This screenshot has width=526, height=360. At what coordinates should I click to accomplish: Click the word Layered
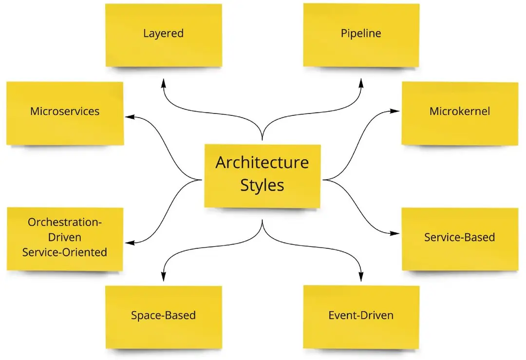pyautogui.click(x=163, y=34)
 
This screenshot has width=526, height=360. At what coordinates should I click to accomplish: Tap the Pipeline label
pyautogui.click(x=361, y=34)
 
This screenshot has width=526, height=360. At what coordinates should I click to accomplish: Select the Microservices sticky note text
pyautogui.click(x=65, y=111)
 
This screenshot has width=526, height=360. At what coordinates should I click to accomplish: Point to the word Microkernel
pyautogui.click(x=460, y=111)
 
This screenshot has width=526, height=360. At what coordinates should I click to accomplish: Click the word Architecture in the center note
pyautogui.click(x=262, y=163)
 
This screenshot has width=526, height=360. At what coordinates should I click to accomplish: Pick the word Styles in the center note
pyautogui.click(x=262, y=185)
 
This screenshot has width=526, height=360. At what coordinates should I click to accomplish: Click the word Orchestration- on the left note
pyautogui.click(x=65, y=222)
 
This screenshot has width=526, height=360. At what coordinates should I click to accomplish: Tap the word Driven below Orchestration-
pyautogui.click(x=65, y=237)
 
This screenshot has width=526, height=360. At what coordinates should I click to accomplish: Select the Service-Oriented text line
pyautogui.click(x=65, y=252)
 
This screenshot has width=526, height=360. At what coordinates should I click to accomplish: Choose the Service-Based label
pyautogui.click(x=460, y=237)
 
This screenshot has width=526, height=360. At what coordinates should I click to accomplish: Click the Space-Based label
pyautogui.click(x=163, y=315)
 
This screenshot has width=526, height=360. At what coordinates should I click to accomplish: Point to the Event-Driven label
pyautogui.click(x=361, y=315)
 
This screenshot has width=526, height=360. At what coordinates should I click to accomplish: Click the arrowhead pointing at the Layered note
pyautogui.click(x=163, y=83)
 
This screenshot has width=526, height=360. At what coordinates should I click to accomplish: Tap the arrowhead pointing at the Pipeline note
pyautogui.click(x=361, y=83)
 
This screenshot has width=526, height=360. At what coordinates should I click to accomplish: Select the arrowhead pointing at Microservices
pyautogui.click(x=130, y=117)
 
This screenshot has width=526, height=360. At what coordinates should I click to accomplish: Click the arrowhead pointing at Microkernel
pyautogui.click(x=395, y=111)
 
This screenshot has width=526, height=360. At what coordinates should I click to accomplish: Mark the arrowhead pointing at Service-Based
pyautogui.click(x=395, y=233)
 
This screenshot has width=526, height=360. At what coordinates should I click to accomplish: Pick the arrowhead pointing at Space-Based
pyautogui.click(x=163, y=277)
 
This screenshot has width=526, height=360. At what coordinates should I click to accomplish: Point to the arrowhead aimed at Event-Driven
pyautogui.click(x=361, y=277)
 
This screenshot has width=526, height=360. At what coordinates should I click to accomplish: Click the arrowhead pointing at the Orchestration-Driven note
pyautogui.click(x=130, y=243)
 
